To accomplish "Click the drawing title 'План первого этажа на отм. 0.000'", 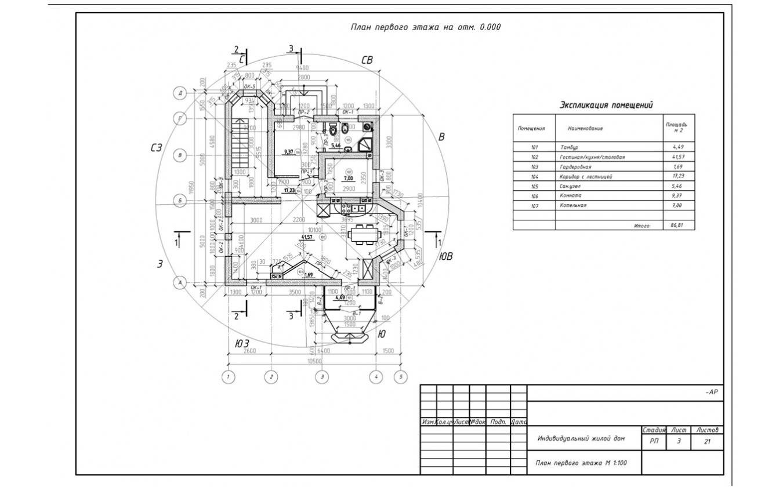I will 425,27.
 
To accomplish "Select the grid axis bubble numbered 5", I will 400,377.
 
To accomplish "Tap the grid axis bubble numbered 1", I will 229,377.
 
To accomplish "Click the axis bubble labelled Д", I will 180,93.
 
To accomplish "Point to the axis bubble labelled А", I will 180,282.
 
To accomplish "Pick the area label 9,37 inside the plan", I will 288,152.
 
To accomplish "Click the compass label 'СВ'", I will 367,60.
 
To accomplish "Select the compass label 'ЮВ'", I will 445,256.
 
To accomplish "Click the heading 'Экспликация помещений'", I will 606,105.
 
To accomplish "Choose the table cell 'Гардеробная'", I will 575,167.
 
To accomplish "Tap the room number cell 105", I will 534,186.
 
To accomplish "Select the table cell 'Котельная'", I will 574,205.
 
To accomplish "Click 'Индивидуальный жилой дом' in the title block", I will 581,438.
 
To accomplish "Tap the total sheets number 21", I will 706,442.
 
